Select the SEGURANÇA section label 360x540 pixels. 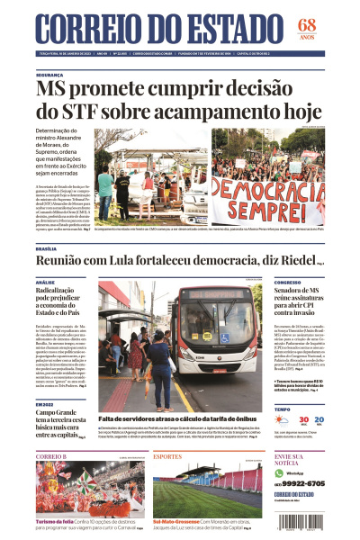coord(50,76)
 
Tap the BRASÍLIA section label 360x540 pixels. coord(46,248)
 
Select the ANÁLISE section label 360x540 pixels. coord(45,283)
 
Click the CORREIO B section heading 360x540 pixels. coord(51,456)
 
